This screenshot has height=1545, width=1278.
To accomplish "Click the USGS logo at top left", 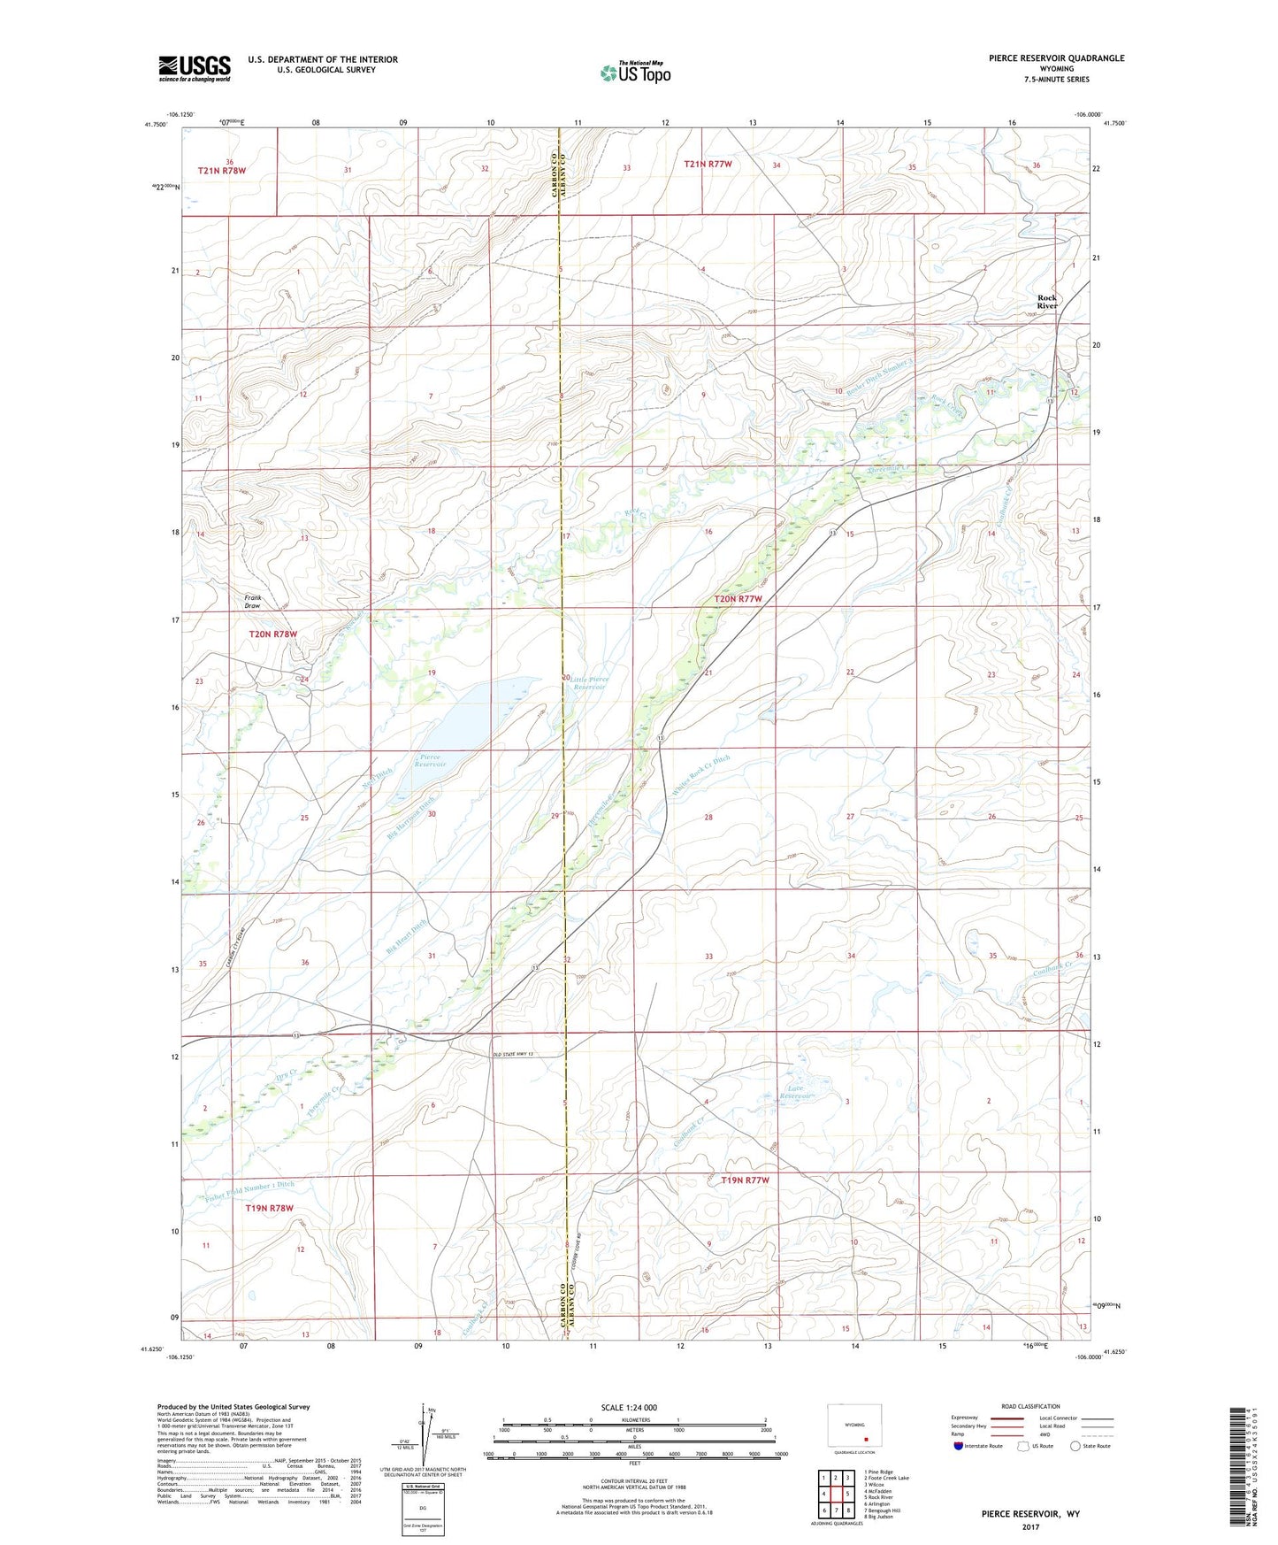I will [x=194, y=67].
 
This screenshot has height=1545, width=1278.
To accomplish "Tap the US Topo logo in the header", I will [x=635, y=73].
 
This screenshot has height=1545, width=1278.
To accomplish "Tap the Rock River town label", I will [x=1047, y=302].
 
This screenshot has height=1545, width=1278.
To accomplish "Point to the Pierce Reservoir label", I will [x=432, y=760].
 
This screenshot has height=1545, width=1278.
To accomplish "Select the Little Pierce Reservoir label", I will [x=589, y=682].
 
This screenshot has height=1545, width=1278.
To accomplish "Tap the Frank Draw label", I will [x=253, y=602].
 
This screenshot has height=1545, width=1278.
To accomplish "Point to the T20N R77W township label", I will [x=738, y=599].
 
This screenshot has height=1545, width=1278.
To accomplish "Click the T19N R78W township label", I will [x=269, y=1208].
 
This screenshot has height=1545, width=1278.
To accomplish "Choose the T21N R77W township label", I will [x=708, y=164].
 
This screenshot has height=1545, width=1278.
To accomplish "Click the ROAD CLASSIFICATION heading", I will [x=1030, y=1406].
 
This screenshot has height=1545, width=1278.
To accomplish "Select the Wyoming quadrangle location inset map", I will [x=853, y=1427].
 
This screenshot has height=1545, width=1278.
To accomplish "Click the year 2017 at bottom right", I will [x=1029, y=1526].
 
